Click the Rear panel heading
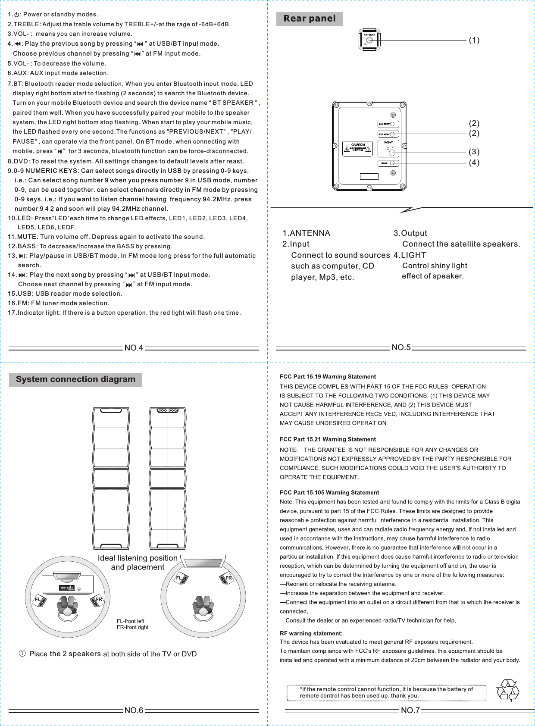[x=309, y=19]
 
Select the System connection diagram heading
[x=75, y=379]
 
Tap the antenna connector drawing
[x=369, y=40]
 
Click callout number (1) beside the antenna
[x=474, y=40]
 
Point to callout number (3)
[x=474, y=152]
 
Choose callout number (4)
[x=474, y=163]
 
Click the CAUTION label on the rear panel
[x=357, y=148]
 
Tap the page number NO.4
[x=134, y=348]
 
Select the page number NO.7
[x=410, y=710]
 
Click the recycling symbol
[x=508, y=691]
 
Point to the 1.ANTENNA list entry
[x=306, y=233]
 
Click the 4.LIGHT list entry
[x=410, y=255]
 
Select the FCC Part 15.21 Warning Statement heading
[x=328, y=439]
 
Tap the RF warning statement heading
[x=311, y=633]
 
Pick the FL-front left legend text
[x=130, y=621]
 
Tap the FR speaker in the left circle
[x=97, y=600]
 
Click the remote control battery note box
[x=386, y=692]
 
